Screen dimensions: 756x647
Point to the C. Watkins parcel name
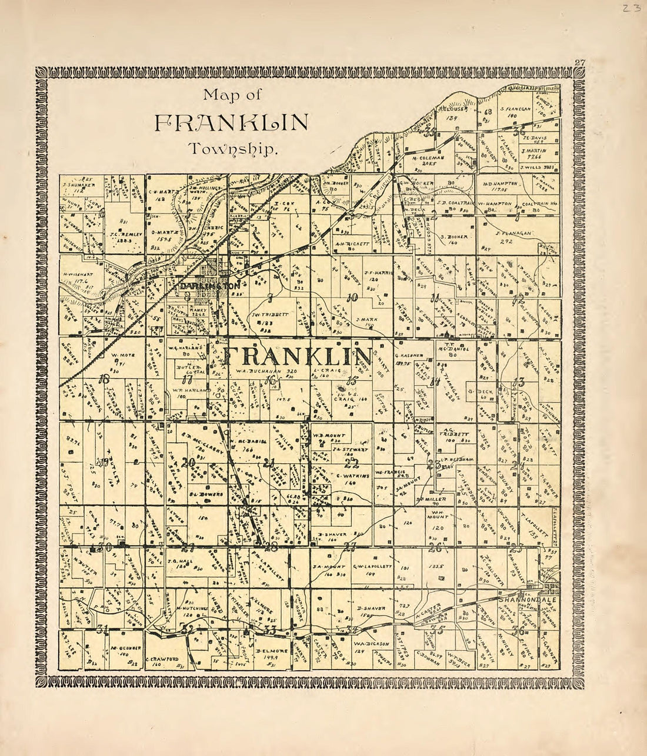pyautogui.click(x=351, y=474)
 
